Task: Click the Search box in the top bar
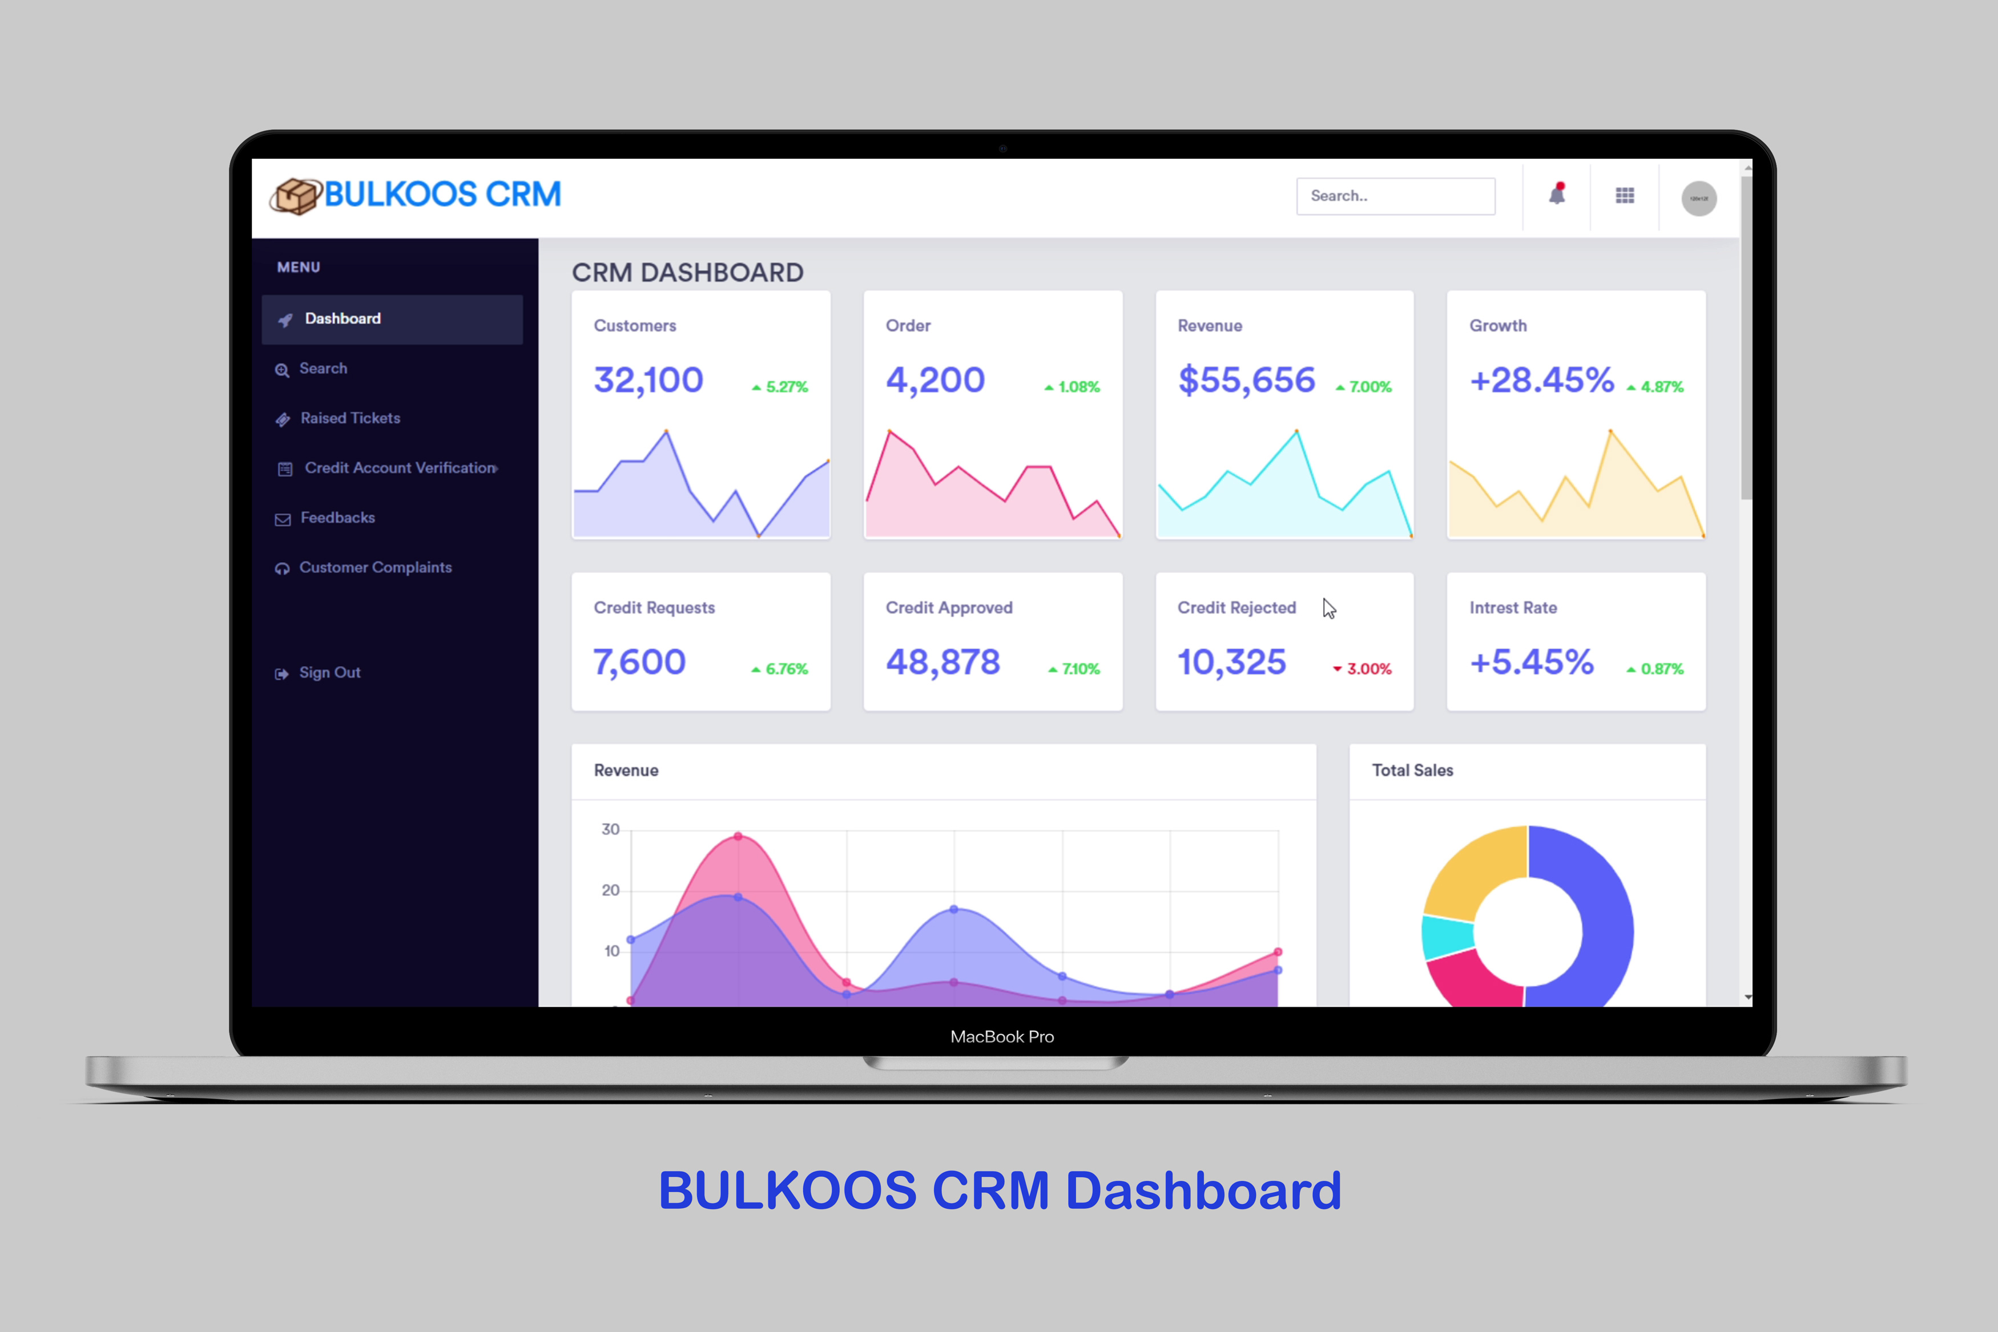(1395, 196)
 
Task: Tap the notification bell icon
(1556, 195)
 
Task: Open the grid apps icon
(1624, 196)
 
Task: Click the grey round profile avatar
(1698, 199)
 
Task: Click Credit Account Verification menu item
(399, 468)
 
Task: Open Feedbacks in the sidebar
(337, 518)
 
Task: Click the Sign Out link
(329, 673)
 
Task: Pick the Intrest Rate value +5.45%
(1531, 663)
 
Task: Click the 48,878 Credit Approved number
(943, 663)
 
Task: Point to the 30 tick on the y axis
(611, 830)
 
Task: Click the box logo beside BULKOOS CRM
(295, 196)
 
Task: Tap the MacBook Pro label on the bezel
(1001, 1037)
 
